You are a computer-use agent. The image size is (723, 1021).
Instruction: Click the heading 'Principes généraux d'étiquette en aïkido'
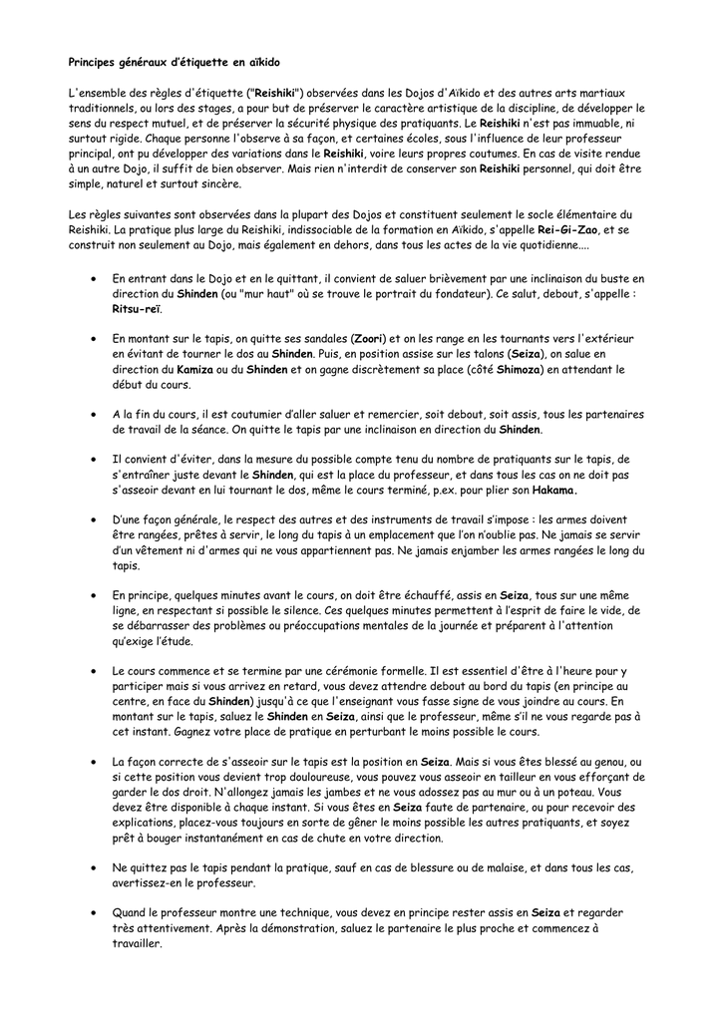(x=160, y=61)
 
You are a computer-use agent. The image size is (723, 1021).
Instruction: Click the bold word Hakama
(x=553, y=491)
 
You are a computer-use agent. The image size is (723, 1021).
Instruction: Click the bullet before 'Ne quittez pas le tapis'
(x=93, y=868)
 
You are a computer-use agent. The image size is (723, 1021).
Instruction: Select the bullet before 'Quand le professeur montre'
(x=93, y=912)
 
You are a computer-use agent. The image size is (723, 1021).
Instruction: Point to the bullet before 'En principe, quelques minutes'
(x=93, y=595)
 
